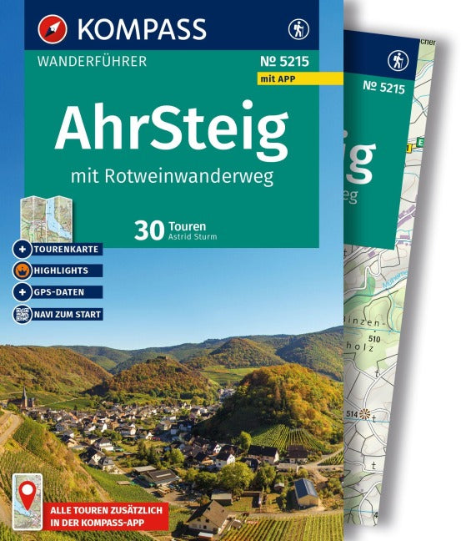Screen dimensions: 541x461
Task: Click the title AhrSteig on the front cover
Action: (x=171, y=128)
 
